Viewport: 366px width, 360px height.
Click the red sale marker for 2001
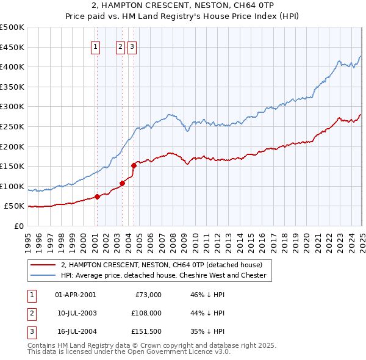pyautogui.click(x=97, y=196)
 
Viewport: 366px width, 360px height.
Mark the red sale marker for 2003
pyautogui.click(x=122, y=182)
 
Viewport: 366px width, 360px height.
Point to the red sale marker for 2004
pyautogui.click(x=134, y=165)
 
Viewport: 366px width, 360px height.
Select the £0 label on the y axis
pyautogui.click(x=20, y=226)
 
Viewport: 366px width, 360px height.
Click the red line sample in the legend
pyautogui.click(x=43, y=265)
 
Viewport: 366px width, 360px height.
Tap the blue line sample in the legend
pyautogui.click(x=43, y=275)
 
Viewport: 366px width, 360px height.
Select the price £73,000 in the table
pyautogui.click(x=147, y=295)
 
